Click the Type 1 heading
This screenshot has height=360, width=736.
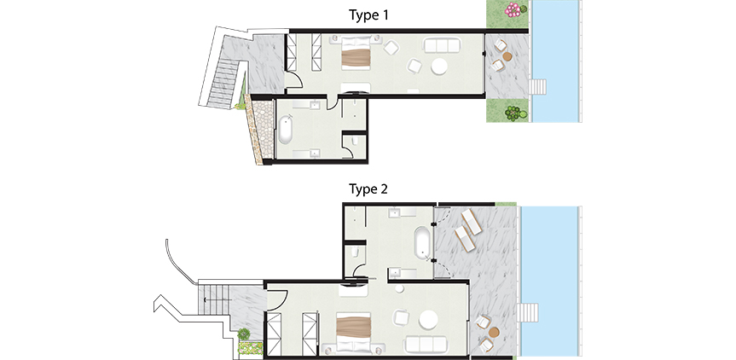[368, 15]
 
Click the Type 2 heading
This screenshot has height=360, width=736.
[368, 189]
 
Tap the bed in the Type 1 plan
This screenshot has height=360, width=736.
[356, 52]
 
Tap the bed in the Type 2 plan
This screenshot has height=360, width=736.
[354, 334]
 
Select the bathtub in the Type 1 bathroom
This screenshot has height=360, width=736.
[286, 130]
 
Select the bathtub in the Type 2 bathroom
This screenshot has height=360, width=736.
[422, 242]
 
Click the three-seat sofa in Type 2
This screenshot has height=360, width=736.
[426, 344]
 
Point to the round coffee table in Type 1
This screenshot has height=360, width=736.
[439, 67]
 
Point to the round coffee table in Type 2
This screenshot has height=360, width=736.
[428, 320]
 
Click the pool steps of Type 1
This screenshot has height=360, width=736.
[537, 87]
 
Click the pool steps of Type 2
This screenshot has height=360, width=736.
[528, 312]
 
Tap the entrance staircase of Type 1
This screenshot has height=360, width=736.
[223, 83]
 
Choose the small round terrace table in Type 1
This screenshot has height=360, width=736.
[507, 56]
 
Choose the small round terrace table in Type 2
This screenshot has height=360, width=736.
[493, 333]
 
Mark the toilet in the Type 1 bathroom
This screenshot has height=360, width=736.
[356, 141]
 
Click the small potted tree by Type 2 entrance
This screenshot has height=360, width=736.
[244, 334]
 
